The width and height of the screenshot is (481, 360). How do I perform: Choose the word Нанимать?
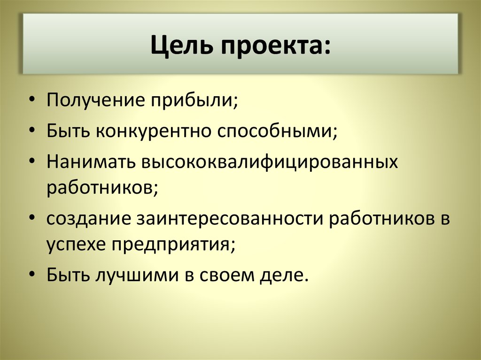click(x=89, y=162)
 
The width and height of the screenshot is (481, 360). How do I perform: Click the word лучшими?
click(x=136, y=274)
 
